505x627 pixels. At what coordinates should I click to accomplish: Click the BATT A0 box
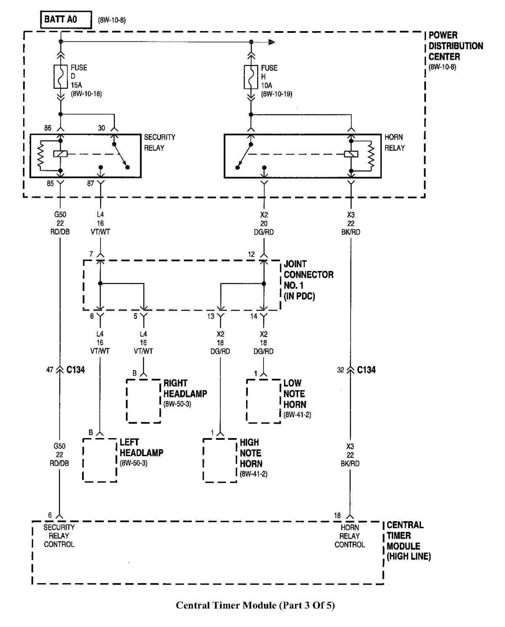point(66,20)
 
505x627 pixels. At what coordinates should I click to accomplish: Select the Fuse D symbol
point(61,77)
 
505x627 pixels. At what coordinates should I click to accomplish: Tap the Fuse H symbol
point(251,77)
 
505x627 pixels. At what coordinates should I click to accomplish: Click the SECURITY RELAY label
point(159,143)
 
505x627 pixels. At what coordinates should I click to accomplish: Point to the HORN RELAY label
point(394,143)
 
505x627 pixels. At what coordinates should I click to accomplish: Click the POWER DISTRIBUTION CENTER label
point(455,46)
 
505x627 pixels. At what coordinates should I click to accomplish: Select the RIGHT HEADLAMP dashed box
point(144,401)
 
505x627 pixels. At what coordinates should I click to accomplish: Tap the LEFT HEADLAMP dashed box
point(100,460)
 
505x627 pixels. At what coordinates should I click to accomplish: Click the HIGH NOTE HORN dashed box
point(220,460)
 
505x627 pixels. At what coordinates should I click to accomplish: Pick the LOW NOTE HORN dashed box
point(263,401)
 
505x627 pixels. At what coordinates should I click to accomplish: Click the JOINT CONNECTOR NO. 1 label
point(308,280)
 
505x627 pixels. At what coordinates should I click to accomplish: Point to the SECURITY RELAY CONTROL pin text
point(59,536)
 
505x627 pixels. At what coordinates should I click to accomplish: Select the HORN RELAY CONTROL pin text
point(349,536)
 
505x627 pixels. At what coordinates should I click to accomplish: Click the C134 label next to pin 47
point(76,370)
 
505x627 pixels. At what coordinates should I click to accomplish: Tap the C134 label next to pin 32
point(366,370)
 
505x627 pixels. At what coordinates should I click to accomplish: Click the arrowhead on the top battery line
point(272,42)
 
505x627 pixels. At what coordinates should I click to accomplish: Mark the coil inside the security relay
point(60,154)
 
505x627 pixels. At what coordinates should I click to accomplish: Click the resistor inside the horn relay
point(371,154)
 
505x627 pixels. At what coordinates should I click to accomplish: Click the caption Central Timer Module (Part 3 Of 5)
point(255,606)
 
